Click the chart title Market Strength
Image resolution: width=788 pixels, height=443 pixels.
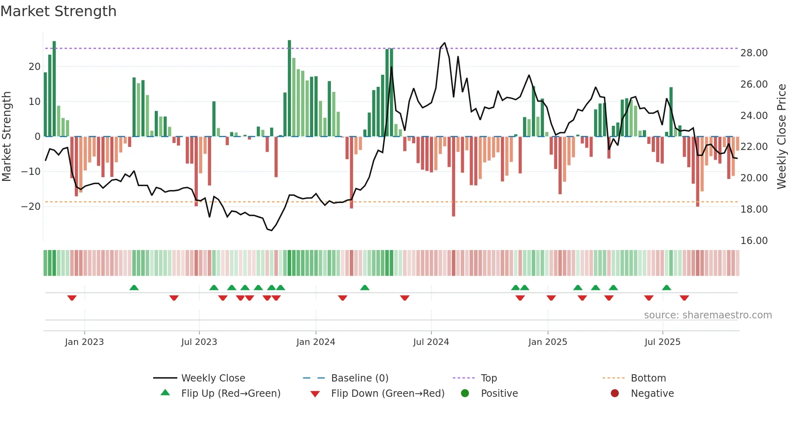click(x=58, y=11)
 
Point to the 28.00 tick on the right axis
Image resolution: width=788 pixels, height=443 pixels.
click(x=754, y=53)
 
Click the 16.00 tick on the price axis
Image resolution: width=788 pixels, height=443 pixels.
click(x=754, y=241)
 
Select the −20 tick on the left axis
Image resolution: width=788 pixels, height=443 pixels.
click(x=31, y=207)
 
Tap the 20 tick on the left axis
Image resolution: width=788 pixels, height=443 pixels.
click(x=34, y=67)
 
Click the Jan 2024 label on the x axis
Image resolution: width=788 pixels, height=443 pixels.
click(x=316, y=342)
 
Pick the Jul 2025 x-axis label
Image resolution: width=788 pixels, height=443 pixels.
click(x=662, y=342)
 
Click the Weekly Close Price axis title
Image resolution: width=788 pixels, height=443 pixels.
click(x=781, y=137)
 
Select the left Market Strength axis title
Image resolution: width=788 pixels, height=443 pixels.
click(x=6, y=137)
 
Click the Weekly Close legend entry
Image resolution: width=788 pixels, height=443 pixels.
click(x=213, y=378)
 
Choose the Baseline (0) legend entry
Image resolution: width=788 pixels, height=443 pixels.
click(x=359, y=378)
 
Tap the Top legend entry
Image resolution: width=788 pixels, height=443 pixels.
click(x=488, y=378)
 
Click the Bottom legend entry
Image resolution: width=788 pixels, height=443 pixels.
click(x=648, y=378)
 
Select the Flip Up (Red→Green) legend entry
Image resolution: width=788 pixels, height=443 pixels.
click(x=230, y=394)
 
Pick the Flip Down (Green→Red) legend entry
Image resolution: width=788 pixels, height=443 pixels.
click(x=388, y=394)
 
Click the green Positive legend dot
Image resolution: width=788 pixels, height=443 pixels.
click(x=465, y=394)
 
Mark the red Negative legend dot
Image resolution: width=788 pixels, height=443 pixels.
click(x=615, y=394)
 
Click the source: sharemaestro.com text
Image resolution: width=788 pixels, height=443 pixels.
click(x=708, y=315)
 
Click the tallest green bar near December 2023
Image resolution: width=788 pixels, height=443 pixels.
click(x=289, y=88)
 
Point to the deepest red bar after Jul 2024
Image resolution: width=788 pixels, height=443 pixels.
click(x=454, y=177)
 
